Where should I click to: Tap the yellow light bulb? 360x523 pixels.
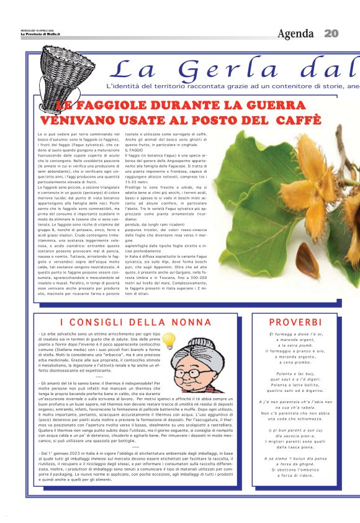pyautogui.click(x=169, y=340)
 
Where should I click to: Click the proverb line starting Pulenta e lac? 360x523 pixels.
pyautogui.click(x=295, y=373)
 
